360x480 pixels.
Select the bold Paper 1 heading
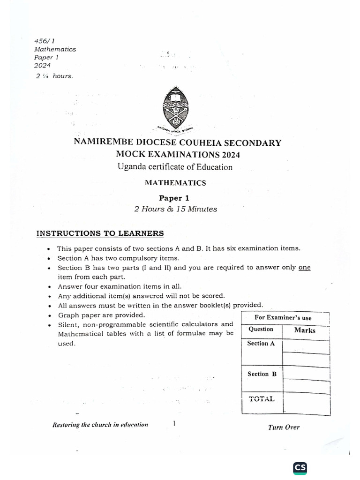coord(175,198)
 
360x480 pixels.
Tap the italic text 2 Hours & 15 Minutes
coord(176,209)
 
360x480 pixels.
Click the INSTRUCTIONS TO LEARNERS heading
coord(100,233)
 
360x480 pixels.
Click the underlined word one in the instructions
coord(304,268)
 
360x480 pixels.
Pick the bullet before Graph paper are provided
coord(49,315)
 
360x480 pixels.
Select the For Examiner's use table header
coord(283,317)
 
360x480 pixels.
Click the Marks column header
coord(305,330)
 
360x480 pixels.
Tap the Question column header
coord(261,329)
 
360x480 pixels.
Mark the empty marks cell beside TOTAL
coord(306,402)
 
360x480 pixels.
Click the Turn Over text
coord(284,427)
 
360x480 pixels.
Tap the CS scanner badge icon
coord(300,468)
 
